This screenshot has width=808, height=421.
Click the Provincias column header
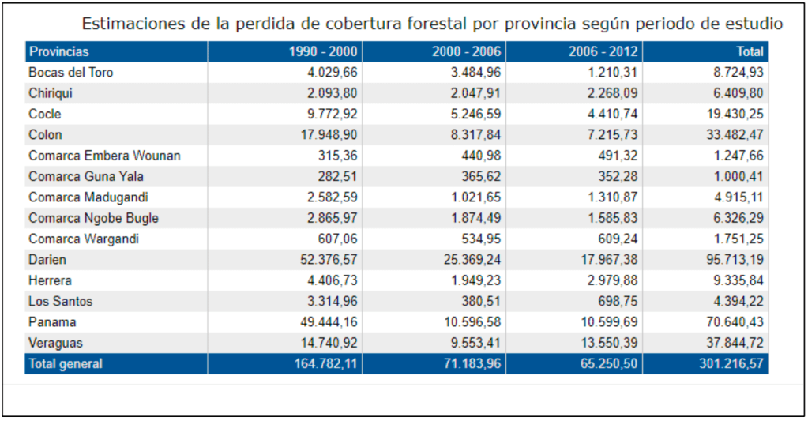point(59,51)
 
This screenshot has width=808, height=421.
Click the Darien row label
point(47,260)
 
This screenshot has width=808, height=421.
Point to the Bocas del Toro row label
point(71,73)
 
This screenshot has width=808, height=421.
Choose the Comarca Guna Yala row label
point(86,177)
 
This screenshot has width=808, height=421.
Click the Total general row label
point(66,364)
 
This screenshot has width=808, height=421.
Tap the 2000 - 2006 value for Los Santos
point(483,302)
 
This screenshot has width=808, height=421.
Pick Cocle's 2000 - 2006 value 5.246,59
point(472,114)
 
